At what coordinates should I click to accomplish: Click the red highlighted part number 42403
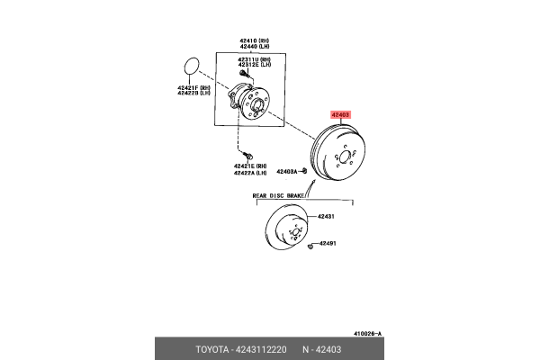pos(340,115)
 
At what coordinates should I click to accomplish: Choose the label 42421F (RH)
pos(193,86)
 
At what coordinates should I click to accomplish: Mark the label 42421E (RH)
pos(249,166)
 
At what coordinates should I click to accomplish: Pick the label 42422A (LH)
pos(249,174)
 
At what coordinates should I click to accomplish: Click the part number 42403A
pos(287,171)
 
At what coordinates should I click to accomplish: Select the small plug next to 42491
pos(309,244)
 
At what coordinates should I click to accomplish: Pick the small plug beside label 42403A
pos(305,170)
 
